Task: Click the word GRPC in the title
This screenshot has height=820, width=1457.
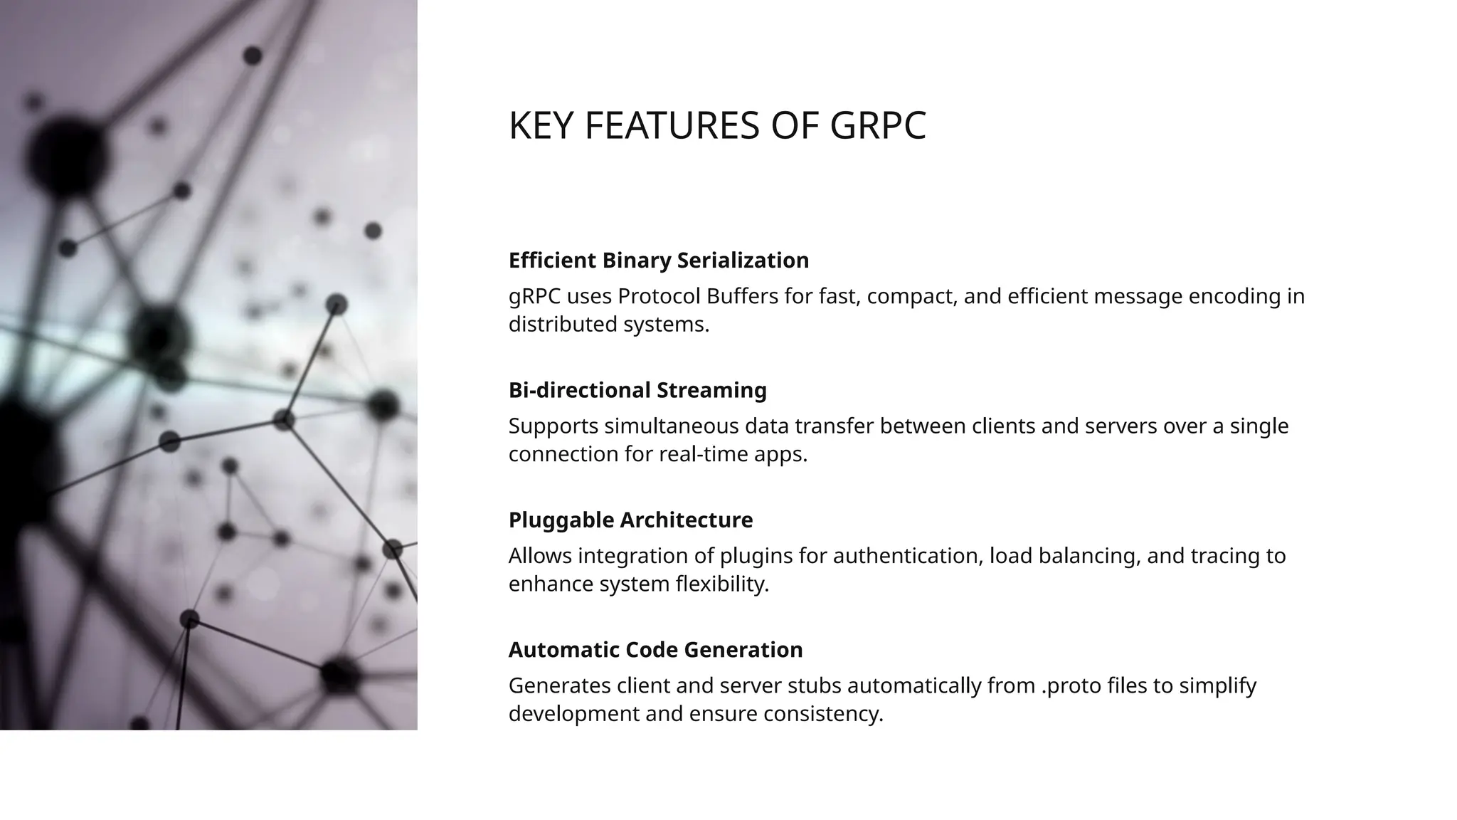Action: click(878, 126)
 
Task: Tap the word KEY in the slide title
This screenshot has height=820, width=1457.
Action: click(541, 126)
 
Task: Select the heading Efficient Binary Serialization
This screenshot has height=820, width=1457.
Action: click(658, 261)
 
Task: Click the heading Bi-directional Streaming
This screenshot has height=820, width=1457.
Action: click(637, 390)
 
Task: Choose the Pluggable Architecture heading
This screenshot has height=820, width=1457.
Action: click(630, 520)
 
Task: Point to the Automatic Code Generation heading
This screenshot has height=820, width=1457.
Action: click(655, 650)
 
